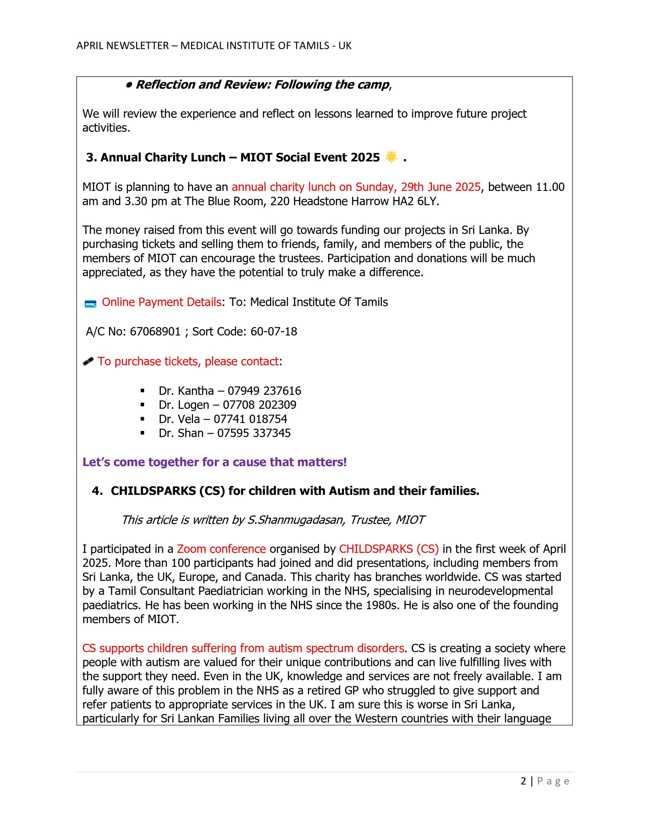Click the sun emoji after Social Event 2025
coord(391,157)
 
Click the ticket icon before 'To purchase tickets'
coord(89,362)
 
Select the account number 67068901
coord(155,331)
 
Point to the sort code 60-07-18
coord(274,331)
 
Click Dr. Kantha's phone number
coord(264,391)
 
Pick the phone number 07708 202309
coord(259,405)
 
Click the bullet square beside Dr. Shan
coord(143,433)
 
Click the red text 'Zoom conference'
coord(221,549)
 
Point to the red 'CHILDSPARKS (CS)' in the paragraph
coord(388,549)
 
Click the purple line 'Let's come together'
coord(214,462)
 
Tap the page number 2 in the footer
coord(523,781)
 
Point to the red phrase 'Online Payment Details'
coord(161,302)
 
